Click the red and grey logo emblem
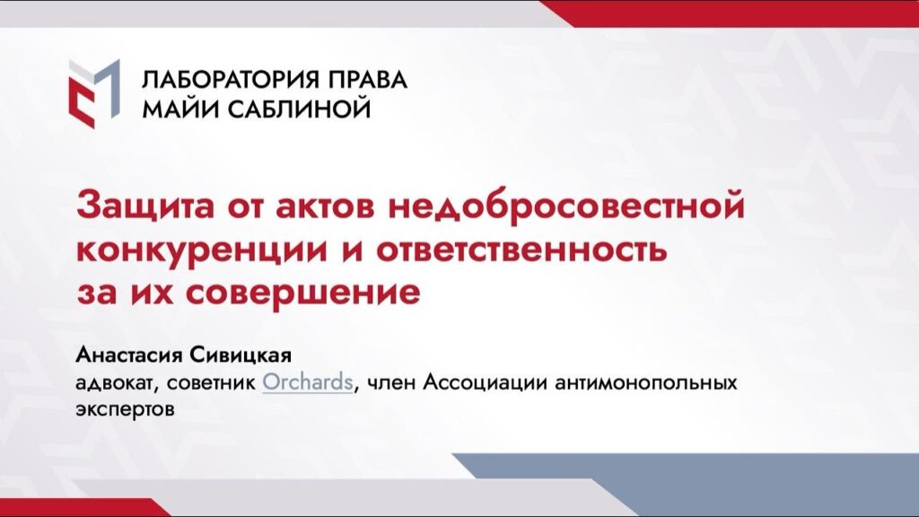tap(94, 93)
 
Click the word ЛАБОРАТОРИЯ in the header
tap(232, 80)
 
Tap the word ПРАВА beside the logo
tap(367, 80)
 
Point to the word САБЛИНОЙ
tap(299, 109)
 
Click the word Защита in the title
tap(145, 206)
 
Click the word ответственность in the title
tap(521, 250)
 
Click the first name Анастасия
tap(129, 355)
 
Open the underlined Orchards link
tap(308, 382)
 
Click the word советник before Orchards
tap(211, 383)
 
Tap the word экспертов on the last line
tap(125, 409)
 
